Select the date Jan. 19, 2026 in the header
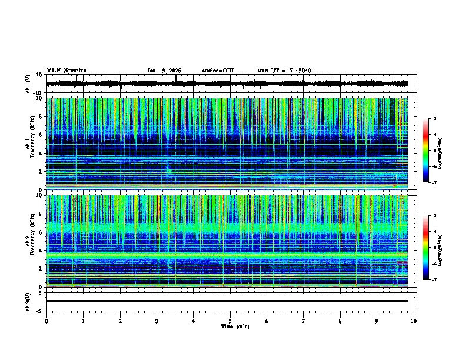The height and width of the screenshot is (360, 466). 164,71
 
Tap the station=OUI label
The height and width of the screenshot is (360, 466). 218,71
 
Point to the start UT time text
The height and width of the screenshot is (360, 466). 284,71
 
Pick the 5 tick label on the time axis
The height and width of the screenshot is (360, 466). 230,321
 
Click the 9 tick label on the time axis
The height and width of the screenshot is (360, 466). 377,321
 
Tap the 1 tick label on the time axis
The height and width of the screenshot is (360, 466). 83,321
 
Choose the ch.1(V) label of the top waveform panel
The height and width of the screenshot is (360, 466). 28,84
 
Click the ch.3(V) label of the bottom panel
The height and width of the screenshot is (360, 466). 28,301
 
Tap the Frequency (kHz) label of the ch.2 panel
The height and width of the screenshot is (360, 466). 34,240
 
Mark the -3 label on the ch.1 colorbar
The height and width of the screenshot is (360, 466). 434,119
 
